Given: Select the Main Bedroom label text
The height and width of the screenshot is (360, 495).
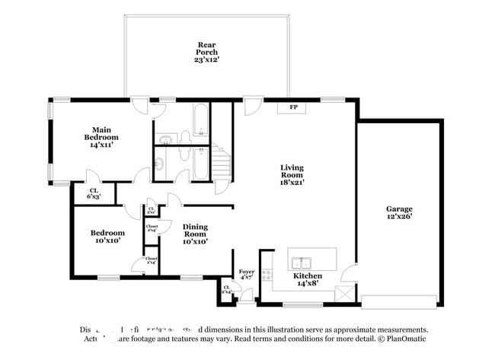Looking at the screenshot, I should click(x=103, y=136).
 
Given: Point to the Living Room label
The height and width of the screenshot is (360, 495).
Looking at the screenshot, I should click(x=292, y=174).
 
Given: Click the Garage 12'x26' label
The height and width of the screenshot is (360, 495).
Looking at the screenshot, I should click(x=399, y=212).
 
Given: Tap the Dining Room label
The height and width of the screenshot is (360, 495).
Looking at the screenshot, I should click(x=195, y=232).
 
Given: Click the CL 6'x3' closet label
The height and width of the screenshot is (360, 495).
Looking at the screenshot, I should click(x=94, y=194).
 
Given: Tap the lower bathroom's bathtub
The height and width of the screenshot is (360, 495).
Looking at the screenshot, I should click(x=200, y=161).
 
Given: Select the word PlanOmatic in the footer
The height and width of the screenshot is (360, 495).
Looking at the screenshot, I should click(x=407, y=339).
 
